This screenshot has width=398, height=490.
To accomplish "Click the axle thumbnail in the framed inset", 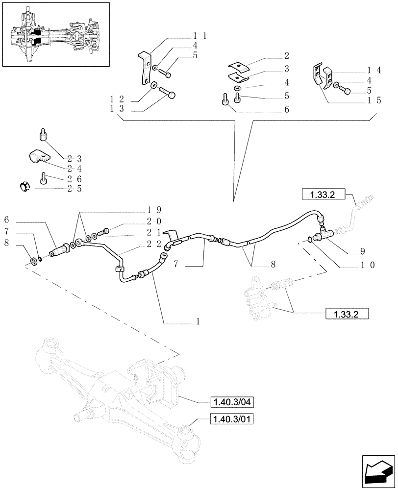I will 55,34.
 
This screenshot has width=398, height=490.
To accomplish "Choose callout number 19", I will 156,209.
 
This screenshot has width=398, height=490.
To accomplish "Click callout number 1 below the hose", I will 198,321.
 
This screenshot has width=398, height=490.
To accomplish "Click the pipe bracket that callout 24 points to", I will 39,157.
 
